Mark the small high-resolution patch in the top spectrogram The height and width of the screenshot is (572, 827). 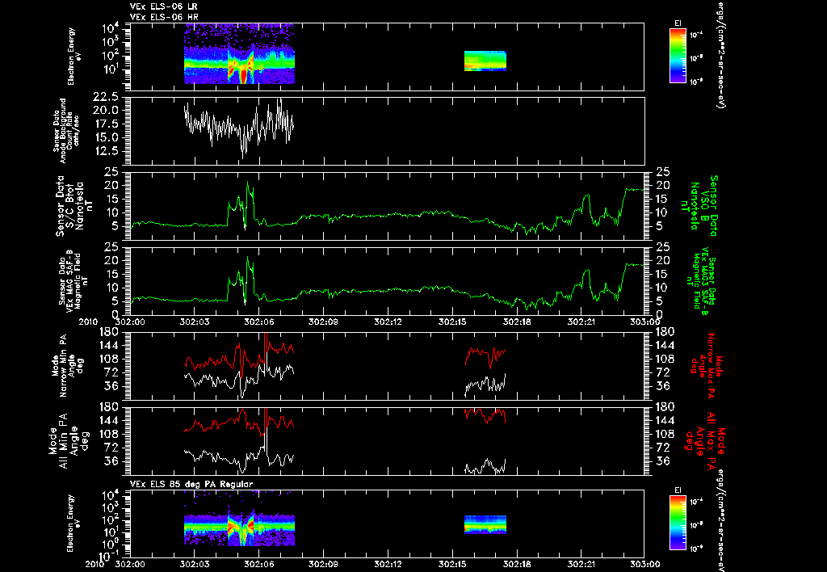tap(485, 61)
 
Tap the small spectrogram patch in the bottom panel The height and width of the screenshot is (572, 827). tap(485, 524)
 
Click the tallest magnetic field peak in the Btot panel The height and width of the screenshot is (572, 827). tap(249, 183)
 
